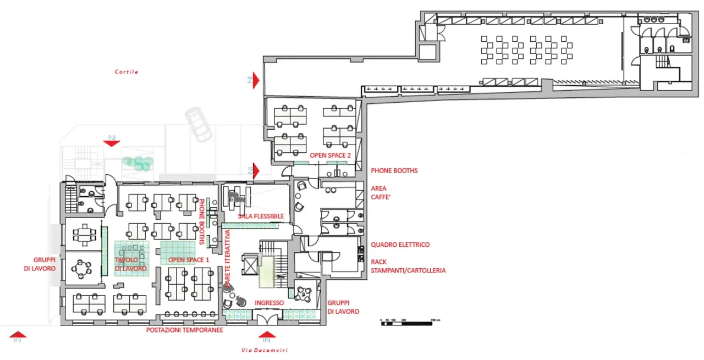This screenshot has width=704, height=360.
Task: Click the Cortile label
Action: coord(127,72)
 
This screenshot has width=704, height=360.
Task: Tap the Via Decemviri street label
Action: coord(265,350)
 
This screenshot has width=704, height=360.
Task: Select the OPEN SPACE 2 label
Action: coord(330,156)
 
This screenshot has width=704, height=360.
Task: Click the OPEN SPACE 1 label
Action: coord(189,260)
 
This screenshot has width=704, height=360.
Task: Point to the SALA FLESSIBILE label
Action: coord(261,217)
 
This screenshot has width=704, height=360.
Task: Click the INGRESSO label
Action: coord(269,303)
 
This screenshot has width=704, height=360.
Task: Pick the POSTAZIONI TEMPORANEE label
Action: coord(184,330)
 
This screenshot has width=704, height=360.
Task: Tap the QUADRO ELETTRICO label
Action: coord(400,245)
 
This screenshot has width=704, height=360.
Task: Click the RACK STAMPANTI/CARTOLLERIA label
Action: coord(408,267)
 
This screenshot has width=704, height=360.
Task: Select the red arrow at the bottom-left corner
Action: coord(18,334)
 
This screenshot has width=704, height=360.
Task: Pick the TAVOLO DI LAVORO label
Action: coord(131,264)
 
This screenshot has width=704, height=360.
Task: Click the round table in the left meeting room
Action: coord(82,268)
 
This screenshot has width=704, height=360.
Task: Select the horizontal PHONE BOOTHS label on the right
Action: coord(394,170)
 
